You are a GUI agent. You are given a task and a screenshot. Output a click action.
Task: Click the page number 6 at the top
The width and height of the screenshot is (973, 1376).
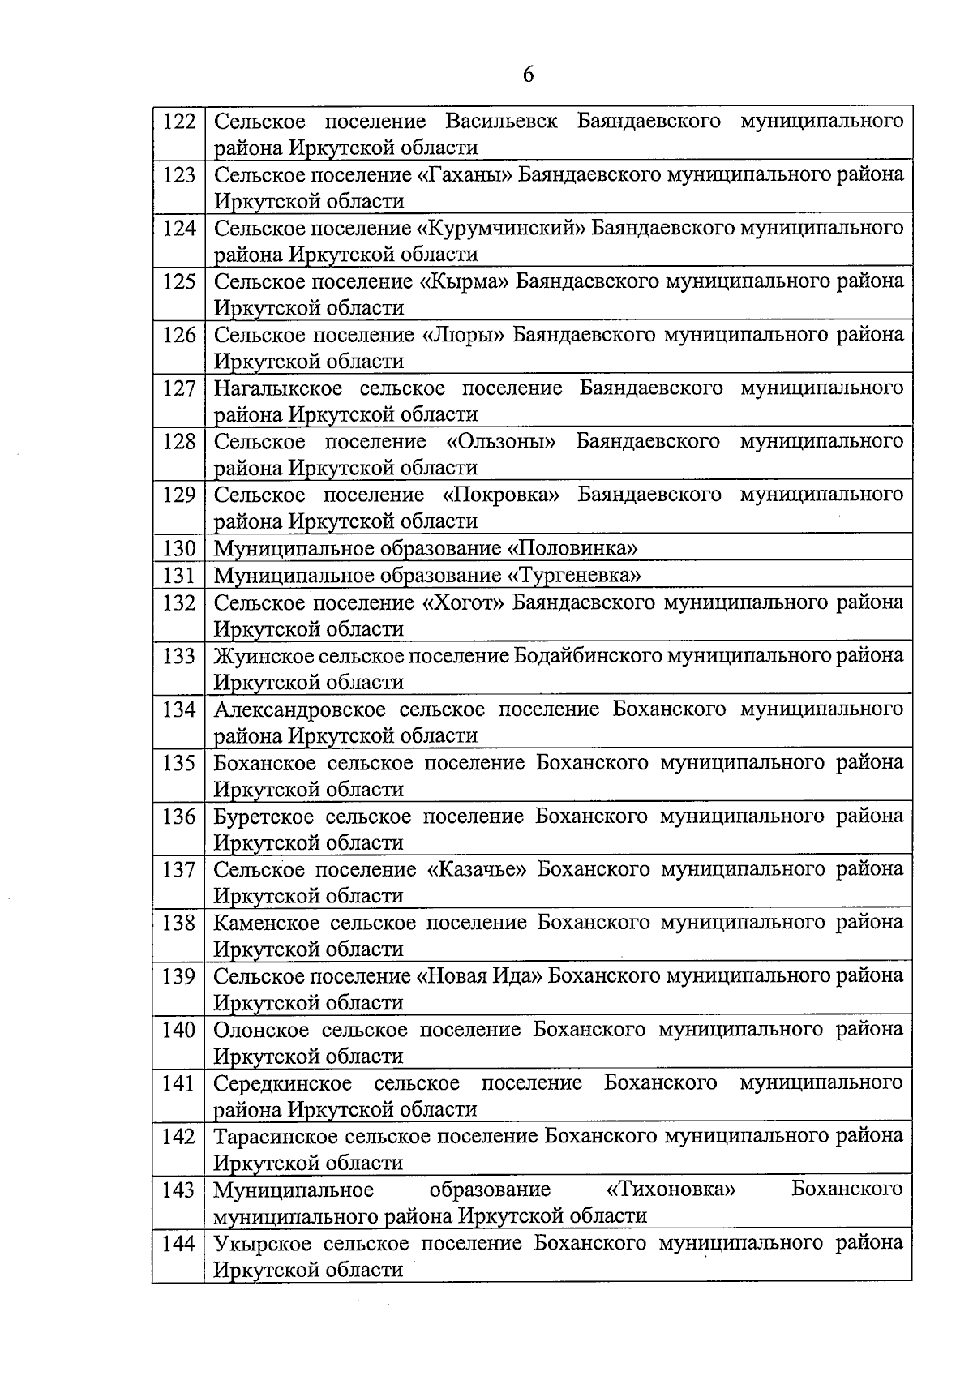point(528,75)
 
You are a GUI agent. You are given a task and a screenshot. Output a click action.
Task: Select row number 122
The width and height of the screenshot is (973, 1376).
point(179,122)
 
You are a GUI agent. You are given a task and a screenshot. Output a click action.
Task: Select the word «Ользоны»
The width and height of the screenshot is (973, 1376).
point(500,442)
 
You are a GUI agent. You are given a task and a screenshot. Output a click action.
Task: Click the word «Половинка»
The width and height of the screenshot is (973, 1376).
point(572,549)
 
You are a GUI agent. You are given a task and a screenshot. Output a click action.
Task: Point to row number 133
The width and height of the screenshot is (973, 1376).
point(179,656)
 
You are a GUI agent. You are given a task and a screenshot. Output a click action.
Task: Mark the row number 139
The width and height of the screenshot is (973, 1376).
point(179,976)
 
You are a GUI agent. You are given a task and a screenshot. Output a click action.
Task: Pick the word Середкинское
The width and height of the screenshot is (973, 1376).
point(283,1083)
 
